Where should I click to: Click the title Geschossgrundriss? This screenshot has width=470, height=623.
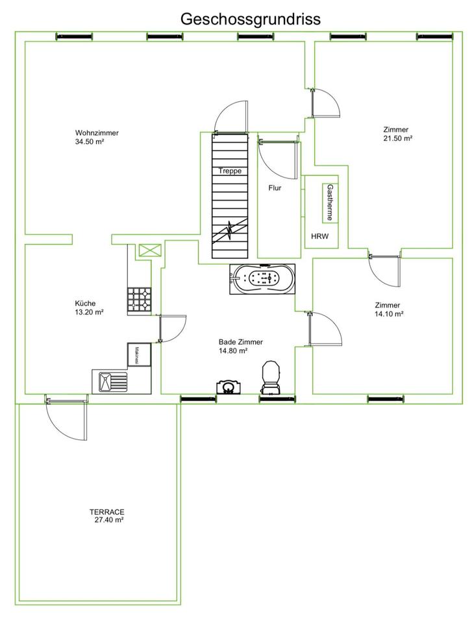tap(250, 19)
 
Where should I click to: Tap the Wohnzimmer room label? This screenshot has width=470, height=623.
tap(97, 133)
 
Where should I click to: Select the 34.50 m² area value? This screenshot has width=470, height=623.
tap(90, 141)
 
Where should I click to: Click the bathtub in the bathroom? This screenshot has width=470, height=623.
tap(263, 279)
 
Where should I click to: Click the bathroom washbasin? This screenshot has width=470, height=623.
tap(228, 387)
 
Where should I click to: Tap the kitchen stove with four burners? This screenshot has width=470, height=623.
tap(140, 300)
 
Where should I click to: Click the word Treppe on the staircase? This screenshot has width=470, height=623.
tap(230, 171)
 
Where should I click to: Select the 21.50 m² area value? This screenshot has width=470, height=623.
tap(398, 138)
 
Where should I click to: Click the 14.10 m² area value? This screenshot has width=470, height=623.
tap(389, 314)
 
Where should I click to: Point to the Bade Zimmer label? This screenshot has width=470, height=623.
tap(241, 342)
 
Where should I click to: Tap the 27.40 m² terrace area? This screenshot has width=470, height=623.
tap(108, 519)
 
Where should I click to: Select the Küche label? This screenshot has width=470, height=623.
tap(86, 303)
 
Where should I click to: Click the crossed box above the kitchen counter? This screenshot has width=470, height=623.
tap(149, 250)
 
